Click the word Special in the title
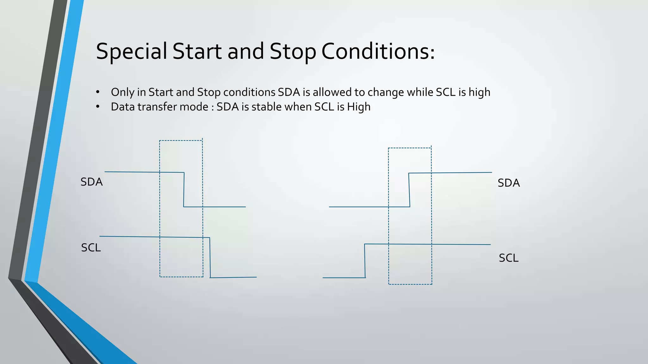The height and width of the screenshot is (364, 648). point(131,52)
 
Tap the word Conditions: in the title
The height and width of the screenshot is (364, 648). point(378,52)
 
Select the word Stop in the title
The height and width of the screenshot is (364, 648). point(293,52)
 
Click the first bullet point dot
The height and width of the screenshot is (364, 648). point(98,92)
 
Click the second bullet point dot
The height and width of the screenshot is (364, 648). point(98,107)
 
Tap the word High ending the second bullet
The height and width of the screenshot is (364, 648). point(358,107)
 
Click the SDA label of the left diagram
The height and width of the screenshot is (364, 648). point(91,182)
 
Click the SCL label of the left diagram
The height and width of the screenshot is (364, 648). point(91,248)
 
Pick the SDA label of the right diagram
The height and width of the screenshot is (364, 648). point(508,183)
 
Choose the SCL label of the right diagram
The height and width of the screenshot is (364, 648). point(508,258)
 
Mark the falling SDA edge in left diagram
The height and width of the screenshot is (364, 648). point(184,190)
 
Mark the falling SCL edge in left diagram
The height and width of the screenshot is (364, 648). point(210,258)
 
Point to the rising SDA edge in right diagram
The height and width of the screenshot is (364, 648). point(409,190)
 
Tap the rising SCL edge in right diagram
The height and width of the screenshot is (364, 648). point(365,261)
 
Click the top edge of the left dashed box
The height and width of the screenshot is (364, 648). point(181,141)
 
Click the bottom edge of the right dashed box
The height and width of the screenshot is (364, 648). point(410,284)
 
